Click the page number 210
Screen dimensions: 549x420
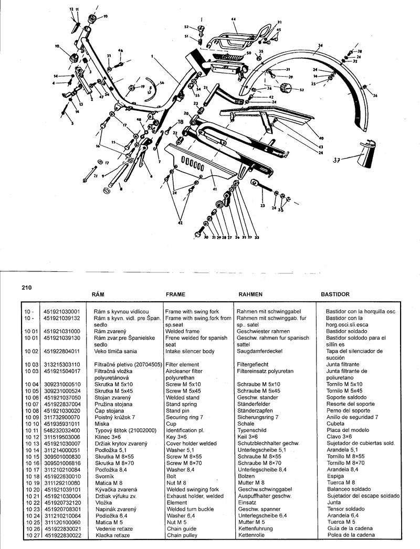27,287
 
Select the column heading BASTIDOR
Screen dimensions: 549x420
335,295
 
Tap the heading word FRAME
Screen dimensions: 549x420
175,295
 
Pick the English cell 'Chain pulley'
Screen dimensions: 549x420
182,535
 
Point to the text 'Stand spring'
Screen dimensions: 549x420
182,405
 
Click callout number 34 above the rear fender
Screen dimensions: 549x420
319,45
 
